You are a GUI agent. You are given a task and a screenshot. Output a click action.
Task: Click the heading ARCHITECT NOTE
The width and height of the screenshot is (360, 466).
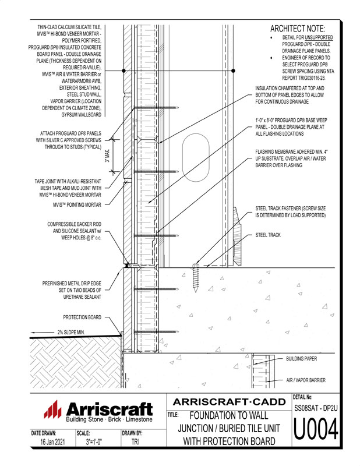pyautogui.click(x=298, y=29)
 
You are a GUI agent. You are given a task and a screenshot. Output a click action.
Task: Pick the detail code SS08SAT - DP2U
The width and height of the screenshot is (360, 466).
pyautogui.click(x=315, y=411)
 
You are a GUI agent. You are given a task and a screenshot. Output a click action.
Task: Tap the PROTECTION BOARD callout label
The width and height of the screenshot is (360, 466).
pyautogui.click(x=82, y=317)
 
